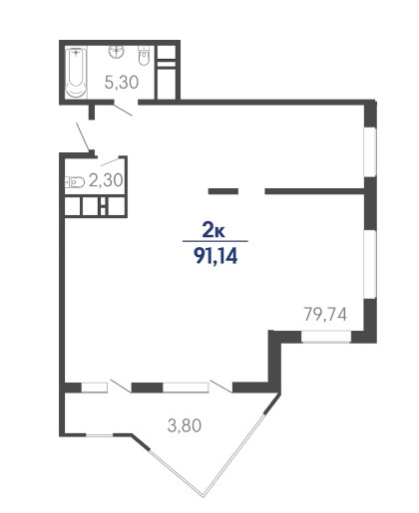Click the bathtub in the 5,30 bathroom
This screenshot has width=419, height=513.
(76, 73)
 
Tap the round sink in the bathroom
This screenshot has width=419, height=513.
(117, 52)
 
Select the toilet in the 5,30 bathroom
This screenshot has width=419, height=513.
(144, 56)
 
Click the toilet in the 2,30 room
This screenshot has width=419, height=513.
(75, 182)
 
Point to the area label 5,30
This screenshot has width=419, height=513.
(122, 82)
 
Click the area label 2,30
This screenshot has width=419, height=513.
(106, 180)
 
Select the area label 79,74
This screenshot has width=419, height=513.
(325, 314)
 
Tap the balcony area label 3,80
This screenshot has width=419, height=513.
(185, 425)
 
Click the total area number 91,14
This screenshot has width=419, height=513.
(216, 256)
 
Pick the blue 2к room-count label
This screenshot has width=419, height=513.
(213, 230)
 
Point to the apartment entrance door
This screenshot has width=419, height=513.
(83, 136)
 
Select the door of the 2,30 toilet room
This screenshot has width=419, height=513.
(110, 162)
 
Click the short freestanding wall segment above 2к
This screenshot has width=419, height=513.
(223, 191)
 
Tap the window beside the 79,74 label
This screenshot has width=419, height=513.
(326, 337)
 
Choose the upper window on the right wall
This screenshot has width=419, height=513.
(370, 151)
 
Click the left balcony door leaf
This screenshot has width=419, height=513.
(121, 386)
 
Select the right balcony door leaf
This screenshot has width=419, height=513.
(221, 386)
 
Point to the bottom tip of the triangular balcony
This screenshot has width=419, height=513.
(204, 497)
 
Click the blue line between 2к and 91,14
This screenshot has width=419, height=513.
(215, 241)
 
